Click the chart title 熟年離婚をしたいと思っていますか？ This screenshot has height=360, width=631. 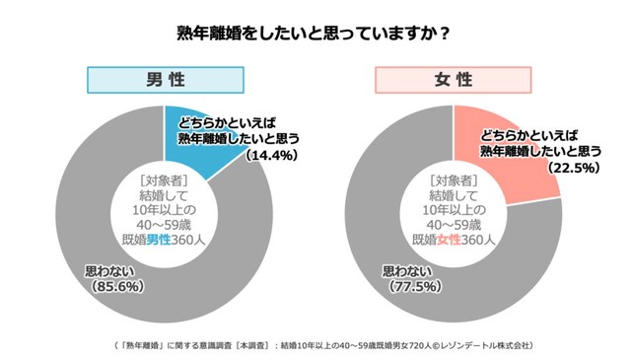point(314,33)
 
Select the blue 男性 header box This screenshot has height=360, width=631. point(166,80)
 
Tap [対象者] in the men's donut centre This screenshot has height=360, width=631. point(165,180)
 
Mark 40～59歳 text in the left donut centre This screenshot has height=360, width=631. point(165,225)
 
